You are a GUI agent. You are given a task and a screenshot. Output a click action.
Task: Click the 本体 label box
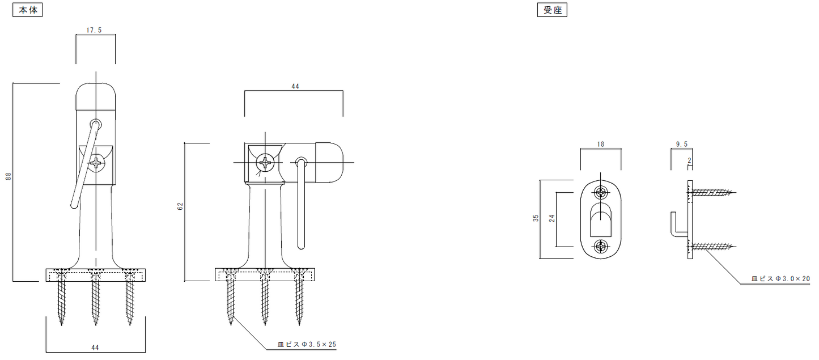[27, 10]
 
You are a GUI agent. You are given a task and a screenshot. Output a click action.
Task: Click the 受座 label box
[552, 10]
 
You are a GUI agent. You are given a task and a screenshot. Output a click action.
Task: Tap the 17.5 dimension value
[94, 31]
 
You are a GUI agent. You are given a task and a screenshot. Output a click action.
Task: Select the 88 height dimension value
[9, 176]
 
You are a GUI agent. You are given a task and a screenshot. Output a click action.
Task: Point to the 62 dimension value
[180, 206]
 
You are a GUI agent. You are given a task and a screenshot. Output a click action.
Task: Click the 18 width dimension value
[601, 145]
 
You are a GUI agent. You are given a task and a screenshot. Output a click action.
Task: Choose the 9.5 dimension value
[681, 145]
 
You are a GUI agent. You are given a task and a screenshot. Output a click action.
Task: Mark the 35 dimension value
[536, 218]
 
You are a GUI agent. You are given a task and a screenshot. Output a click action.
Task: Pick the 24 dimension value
[552, 218]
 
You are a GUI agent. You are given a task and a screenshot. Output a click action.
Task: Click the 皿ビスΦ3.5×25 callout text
[307, 344]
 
